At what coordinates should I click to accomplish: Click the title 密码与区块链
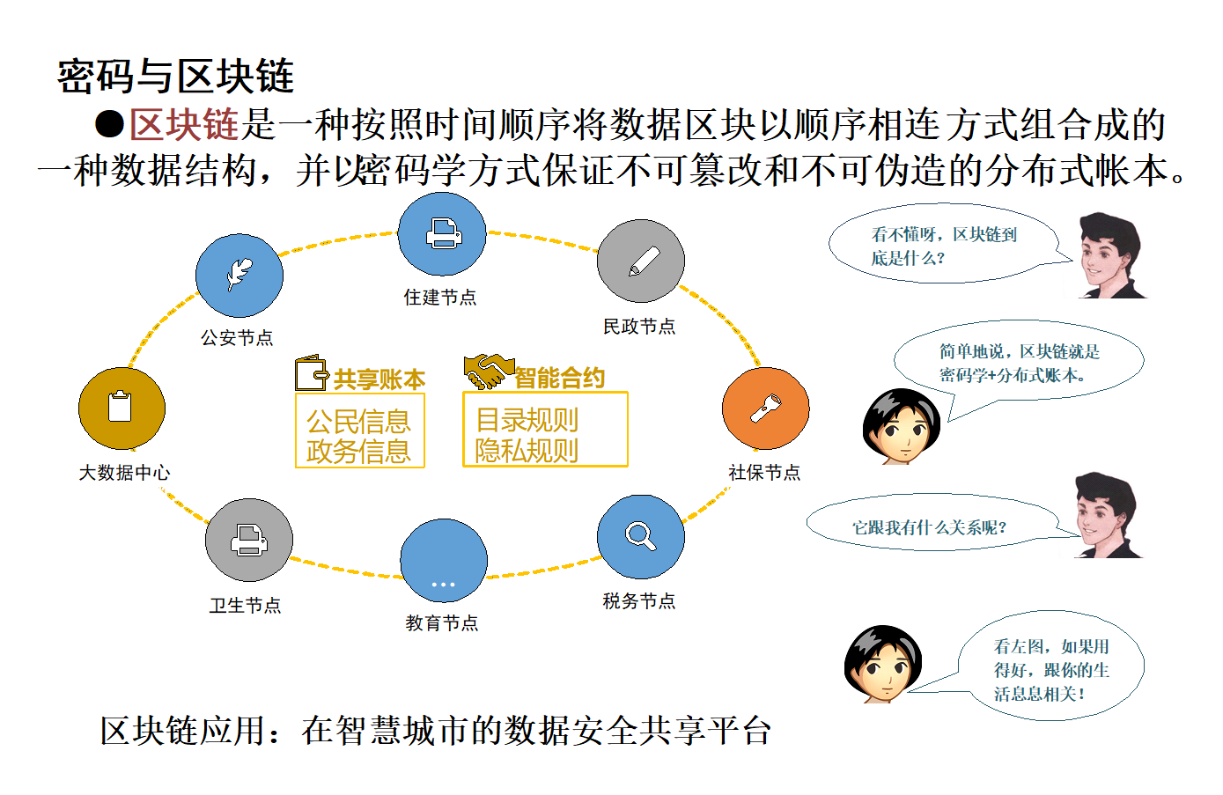176,76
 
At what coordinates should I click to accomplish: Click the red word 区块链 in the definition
184,124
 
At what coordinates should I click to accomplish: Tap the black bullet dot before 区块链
109,124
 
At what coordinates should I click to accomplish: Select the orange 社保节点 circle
765,409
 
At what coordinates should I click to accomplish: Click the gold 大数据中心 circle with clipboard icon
122,408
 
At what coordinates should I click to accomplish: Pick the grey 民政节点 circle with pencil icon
640,261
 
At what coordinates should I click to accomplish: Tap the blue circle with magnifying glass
640,537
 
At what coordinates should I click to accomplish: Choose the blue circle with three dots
444,561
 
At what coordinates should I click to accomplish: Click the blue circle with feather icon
239,276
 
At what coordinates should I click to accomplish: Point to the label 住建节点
440,297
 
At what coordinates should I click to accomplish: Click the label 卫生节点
245,605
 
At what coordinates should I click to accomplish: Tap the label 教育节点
442,622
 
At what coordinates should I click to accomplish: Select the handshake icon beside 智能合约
488,372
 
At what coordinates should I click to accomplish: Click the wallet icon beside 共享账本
312,373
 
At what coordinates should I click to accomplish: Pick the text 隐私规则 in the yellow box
527,451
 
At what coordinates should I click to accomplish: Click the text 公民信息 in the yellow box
358,422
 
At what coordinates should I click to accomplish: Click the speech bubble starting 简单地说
1019,364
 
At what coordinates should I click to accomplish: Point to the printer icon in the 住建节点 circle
444,233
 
